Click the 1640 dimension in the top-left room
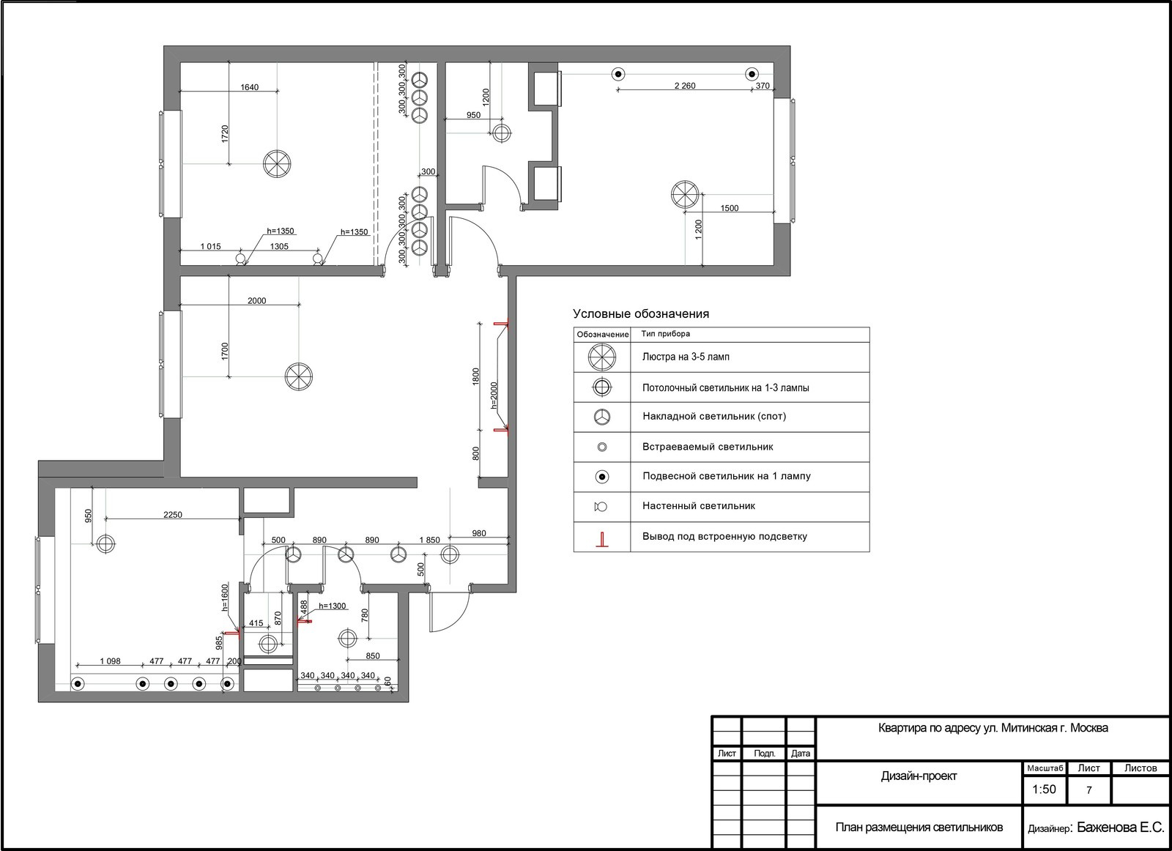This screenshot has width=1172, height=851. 250,87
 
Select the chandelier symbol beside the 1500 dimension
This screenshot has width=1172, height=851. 684,195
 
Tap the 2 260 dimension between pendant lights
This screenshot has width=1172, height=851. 685,86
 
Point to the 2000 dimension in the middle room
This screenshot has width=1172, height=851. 256,301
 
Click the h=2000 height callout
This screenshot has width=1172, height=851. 494,395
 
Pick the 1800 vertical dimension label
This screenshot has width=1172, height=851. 475,376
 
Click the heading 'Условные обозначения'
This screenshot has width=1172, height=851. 641,314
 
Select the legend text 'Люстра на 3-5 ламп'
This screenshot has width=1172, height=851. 686,357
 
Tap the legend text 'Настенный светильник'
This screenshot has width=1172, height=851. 699,506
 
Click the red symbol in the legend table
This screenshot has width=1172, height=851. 602,539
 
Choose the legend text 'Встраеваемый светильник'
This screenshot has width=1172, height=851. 708,447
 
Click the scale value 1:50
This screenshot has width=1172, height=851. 1044,789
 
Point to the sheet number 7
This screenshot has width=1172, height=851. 1088,790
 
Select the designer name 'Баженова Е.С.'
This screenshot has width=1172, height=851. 1120,827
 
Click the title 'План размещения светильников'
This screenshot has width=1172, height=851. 919,827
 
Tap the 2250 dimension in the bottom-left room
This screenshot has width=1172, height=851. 173,515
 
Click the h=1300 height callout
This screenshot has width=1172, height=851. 333,606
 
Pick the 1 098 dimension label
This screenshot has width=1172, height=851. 111,661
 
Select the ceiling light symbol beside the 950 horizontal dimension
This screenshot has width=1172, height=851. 501,133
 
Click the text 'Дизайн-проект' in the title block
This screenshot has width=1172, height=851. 919,776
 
